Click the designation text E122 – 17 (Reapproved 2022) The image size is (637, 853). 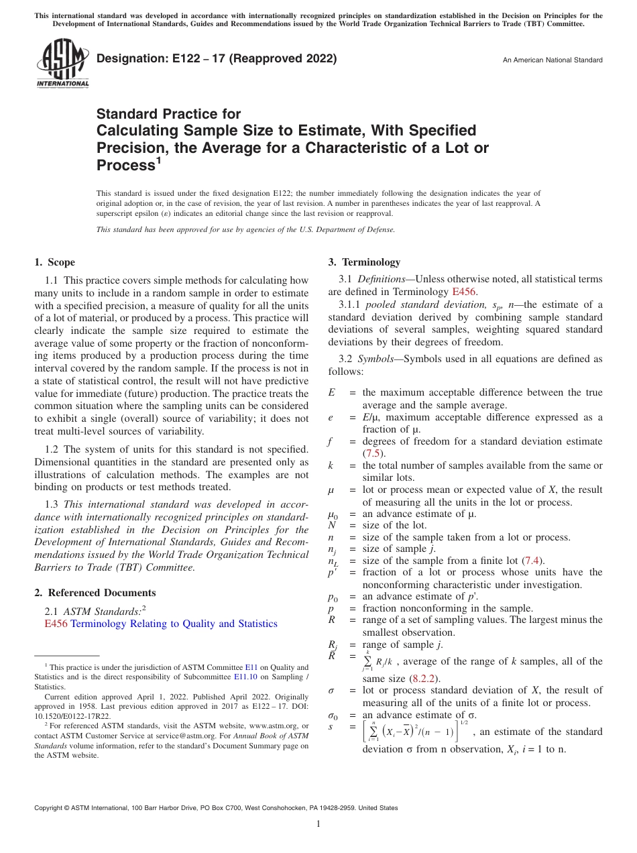pyautogui.click(x=217, y=59)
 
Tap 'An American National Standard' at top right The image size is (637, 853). pyautogui.click(x=553, y=60)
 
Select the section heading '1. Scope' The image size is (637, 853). pyautogui.click(x=55, y=262)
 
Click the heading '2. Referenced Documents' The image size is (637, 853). pyautogui.click(x=95, y=593)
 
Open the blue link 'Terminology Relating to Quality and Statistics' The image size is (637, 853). pyautogui.click(x=174, y=624)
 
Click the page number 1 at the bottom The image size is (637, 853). pyautogui.click(x=318, y=824)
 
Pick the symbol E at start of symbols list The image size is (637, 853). pyautogui.click(x=331, y=393)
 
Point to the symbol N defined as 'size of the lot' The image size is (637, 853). pyautogui.click(x=331, y=525)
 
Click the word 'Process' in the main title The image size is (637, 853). pyautogui.click(x=126, y=165)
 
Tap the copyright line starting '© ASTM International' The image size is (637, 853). pyautogui.click(x=216, y=808)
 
